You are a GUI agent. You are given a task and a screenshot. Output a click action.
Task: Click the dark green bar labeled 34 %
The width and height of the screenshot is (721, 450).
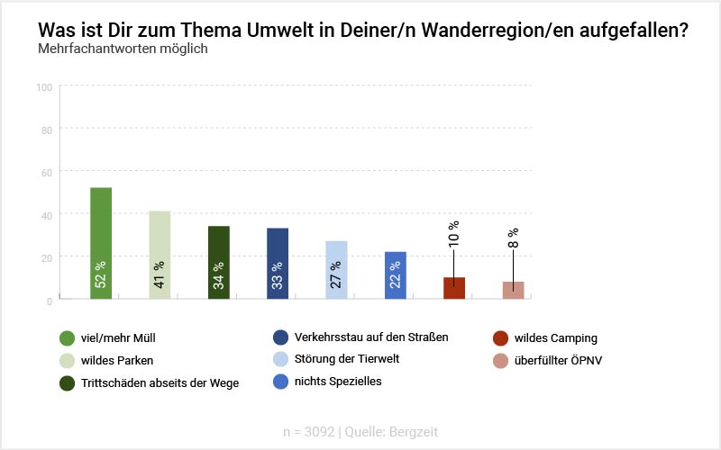click(218, 262)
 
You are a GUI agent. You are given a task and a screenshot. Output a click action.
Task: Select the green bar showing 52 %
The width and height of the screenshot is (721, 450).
click(101, 243)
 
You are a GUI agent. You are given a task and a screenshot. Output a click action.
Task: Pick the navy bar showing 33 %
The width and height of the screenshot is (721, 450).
click(278, 263)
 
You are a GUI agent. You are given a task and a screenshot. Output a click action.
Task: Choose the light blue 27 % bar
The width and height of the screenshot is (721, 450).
click(336, 269)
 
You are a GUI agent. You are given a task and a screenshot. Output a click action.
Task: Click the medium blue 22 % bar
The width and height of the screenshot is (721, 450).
click(395, 274)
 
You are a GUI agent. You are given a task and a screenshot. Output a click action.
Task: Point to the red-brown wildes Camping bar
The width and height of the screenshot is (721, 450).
click(454, 288)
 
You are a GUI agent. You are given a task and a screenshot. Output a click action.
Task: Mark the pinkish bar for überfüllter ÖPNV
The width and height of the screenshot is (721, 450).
click(513, 290)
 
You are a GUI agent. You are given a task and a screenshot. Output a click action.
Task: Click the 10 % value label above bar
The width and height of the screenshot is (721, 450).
click(453, 233)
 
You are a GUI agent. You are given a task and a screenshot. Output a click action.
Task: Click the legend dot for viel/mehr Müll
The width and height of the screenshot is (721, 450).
click(67, 338)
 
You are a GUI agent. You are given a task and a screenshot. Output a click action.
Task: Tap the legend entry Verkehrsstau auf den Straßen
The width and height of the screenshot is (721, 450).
click(371, 337)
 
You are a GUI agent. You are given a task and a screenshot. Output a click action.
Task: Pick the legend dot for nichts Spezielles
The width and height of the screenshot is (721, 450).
click(279, 381)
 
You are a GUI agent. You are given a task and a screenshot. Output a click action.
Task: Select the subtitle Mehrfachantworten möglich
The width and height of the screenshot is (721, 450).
click(123, 49)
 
